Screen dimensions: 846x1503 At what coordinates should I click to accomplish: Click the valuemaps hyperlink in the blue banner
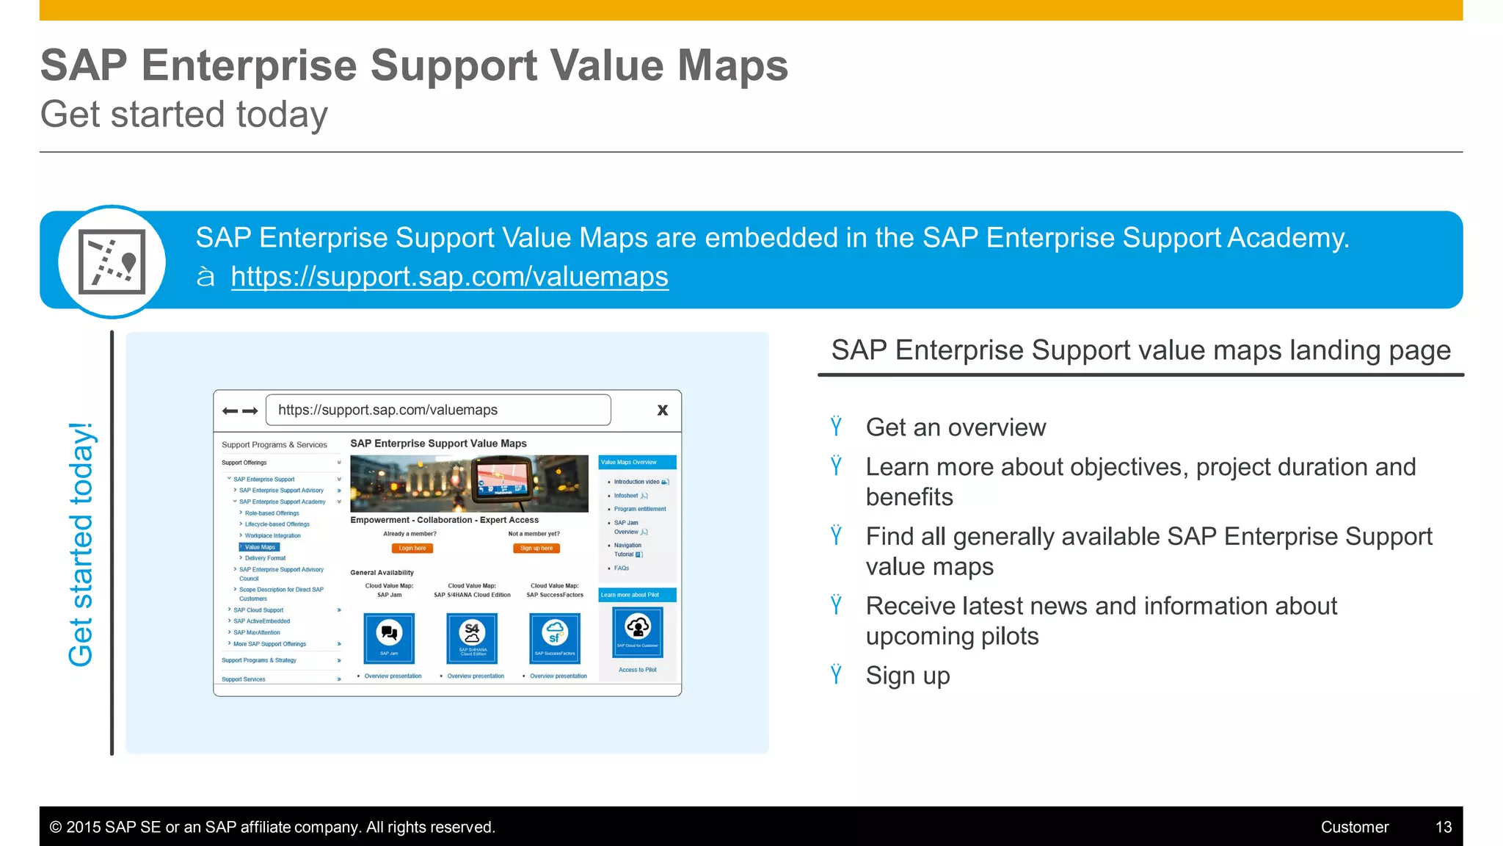tap(449, 277)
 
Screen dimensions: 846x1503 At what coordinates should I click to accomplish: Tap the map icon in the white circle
tap(112, 262)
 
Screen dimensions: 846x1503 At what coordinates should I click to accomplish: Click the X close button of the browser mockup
tap(662, 411)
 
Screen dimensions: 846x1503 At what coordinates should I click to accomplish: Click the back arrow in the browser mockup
tap(230, 411)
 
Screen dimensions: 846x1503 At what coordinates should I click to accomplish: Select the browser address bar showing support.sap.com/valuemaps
tap(438, 411)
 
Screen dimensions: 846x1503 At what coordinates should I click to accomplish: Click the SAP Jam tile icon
tap(389, 637)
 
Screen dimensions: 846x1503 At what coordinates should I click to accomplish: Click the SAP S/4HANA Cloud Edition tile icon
tap(472, 637)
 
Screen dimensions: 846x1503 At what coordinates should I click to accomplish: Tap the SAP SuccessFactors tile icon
tap(555, 637)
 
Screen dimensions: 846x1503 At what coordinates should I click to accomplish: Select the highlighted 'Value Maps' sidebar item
tap(260, 547)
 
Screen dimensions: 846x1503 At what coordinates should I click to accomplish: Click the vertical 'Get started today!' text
tap(81, 544)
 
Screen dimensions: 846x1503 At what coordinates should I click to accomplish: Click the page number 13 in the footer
tap(1443, 827)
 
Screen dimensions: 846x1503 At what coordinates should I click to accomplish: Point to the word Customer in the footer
tap(1354, 827)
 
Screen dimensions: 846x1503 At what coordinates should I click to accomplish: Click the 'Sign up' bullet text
tap(907, 676)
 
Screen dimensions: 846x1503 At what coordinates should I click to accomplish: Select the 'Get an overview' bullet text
tap(956, 427)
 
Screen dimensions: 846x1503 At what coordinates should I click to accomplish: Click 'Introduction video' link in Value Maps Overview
tap(636, 482)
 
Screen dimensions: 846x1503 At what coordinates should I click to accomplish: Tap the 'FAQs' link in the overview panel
tap(622, 568)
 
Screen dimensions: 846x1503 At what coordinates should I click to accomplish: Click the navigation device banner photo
tap(469, 483)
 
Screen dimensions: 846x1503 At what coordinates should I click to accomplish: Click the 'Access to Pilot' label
tap(637, 670)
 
